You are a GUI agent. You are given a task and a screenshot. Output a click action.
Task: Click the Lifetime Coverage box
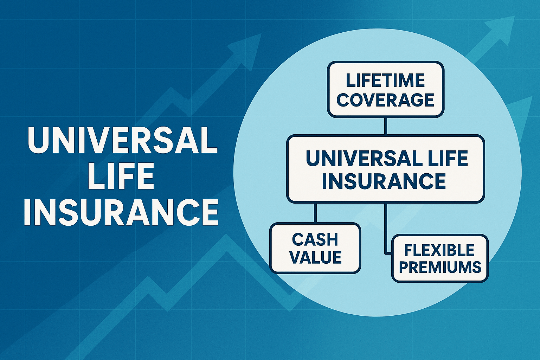pyautogui.click(x=385, y=90)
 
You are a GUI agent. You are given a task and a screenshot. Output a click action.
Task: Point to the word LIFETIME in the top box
pyautogui.click(x=385, y=81)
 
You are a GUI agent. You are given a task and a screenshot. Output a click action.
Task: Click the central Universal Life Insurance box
pyautogui.click(x=385, y=169)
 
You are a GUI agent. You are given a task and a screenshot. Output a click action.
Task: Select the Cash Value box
pyautogui.click(x=315, y=248)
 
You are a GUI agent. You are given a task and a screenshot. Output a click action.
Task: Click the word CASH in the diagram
pyautogui.click(x=315, y=239)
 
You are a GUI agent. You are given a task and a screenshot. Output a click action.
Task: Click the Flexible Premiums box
pyautogui.click(x=440, y=258)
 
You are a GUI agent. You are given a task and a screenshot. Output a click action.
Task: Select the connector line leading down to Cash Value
pyautogui.click(x=315, y=213)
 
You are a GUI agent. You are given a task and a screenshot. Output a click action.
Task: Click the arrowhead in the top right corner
pyautogui.click(x=501, y=28)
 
